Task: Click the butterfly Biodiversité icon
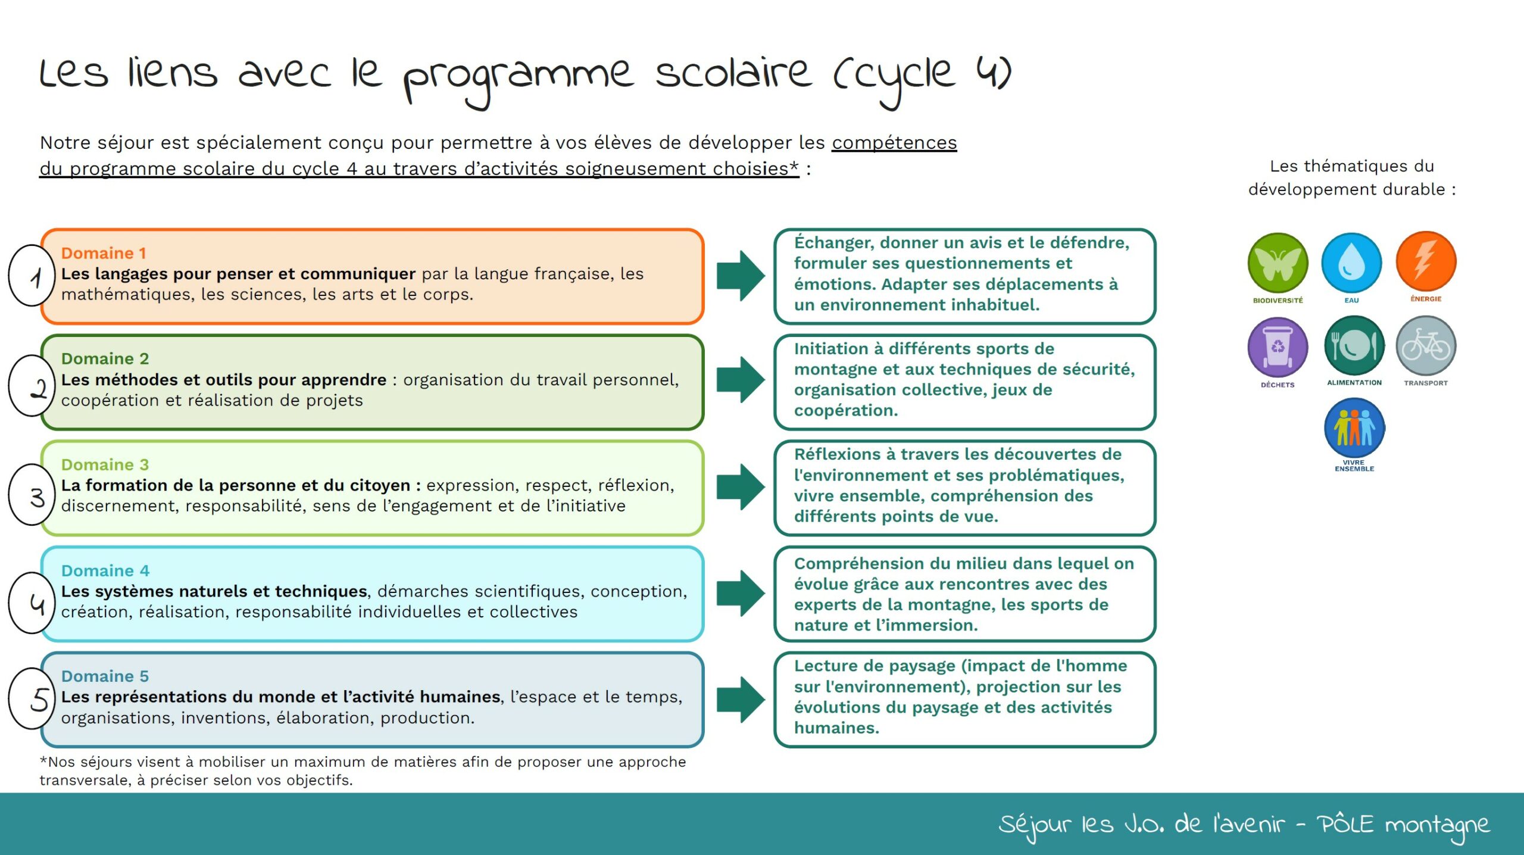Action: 1278,263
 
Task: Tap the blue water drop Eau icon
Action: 1351,263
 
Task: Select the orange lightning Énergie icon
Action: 1426,261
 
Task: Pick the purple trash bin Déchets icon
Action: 1278,347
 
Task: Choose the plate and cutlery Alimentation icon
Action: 1354,346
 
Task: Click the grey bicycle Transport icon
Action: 1426,346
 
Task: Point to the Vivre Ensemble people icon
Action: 1354,428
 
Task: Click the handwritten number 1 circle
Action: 10,275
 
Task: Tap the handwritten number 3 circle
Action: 10,495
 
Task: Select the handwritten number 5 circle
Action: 10,698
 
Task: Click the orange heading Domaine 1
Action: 104,253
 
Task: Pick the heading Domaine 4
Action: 105,570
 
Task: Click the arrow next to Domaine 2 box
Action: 741,380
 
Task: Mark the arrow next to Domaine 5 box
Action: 741,700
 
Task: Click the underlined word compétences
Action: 894,143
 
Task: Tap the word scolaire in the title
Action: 733,73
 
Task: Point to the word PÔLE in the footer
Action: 1345,824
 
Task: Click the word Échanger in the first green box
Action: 835,243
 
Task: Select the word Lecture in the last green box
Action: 826,666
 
